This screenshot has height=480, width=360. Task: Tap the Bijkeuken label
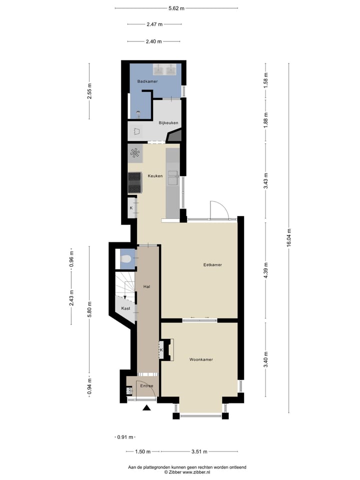(x=168, y=122)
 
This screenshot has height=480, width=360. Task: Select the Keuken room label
(x=155, y=175)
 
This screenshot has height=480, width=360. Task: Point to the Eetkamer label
(x=212, y=264)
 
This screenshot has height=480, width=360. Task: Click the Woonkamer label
(x=201, y=359)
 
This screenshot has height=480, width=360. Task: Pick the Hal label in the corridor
(x=147, y=286)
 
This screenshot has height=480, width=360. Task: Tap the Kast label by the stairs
(x=125, y=308)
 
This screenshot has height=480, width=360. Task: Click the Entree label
(x=146, y=385)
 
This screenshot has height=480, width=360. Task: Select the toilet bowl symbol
(x=126, y=259)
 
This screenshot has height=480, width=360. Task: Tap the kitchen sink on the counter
(x=172, y=177)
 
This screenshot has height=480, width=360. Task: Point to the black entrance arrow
(x=146, y=408)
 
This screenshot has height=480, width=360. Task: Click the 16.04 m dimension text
(x=288, y=237)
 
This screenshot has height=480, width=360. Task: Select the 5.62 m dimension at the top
(x=176, y=8)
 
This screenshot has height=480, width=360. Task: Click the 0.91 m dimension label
(x=125, y=437)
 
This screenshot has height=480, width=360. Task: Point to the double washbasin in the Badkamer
(x=165, y=68)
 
